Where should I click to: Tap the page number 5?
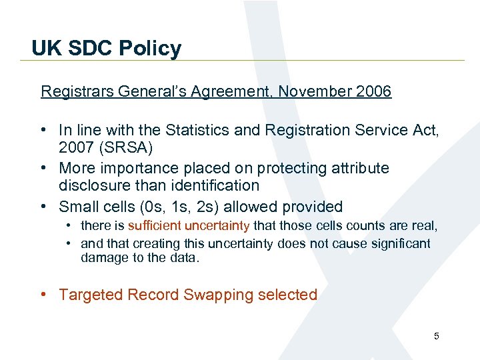[x=436, y=336]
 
